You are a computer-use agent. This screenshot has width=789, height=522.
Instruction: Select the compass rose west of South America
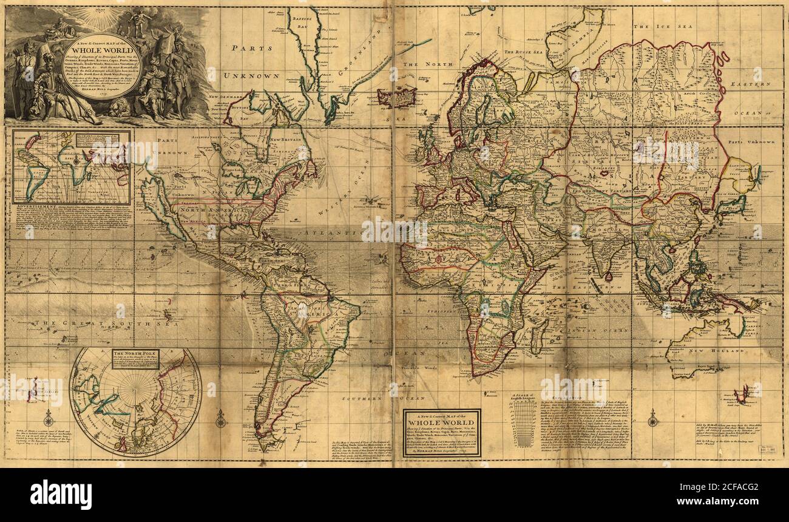tap(220, 418)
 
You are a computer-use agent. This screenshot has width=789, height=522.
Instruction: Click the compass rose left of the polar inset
tap(49, 418)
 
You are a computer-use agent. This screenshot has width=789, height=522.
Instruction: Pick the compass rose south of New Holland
tap(653, 418)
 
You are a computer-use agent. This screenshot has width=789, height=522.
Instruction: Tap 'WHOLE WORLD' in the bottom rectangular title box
tap(441, 422)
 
